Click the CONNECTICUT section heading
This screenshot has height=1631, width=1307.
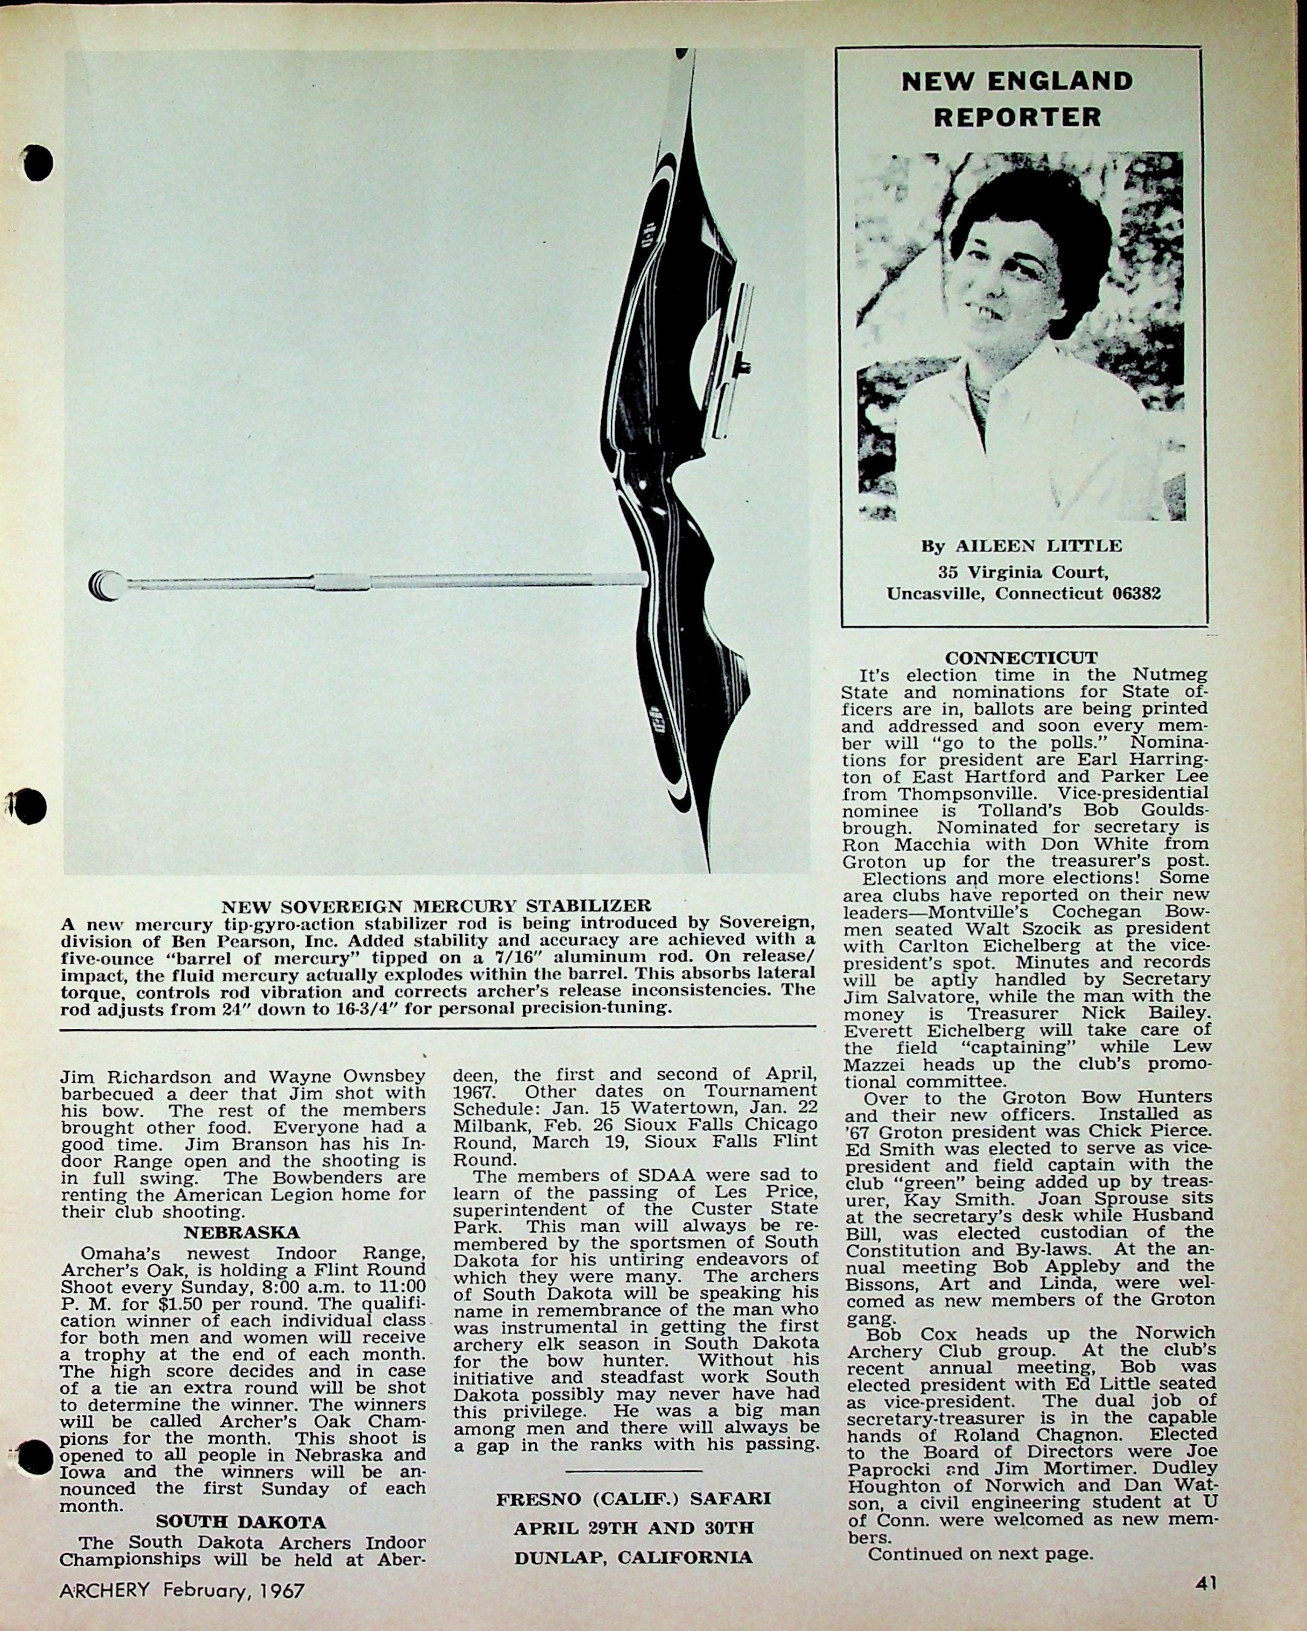click(1021, 657)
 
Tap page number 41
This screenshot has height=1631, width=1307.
click(1207, 1582)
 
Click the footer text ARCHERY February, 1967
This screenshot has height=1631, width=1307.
click(181, 1590)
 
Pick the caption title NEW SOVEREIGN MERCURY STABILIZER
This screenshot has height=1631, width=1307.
click(436, 906)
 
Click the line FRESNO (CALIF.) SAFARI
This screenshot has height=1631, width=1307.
click(633, 1499)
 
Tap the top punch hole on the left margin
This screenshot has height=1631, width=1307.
click(36, 163)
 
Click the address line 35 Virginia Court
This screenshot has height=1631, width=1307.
click(1023, 572)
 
